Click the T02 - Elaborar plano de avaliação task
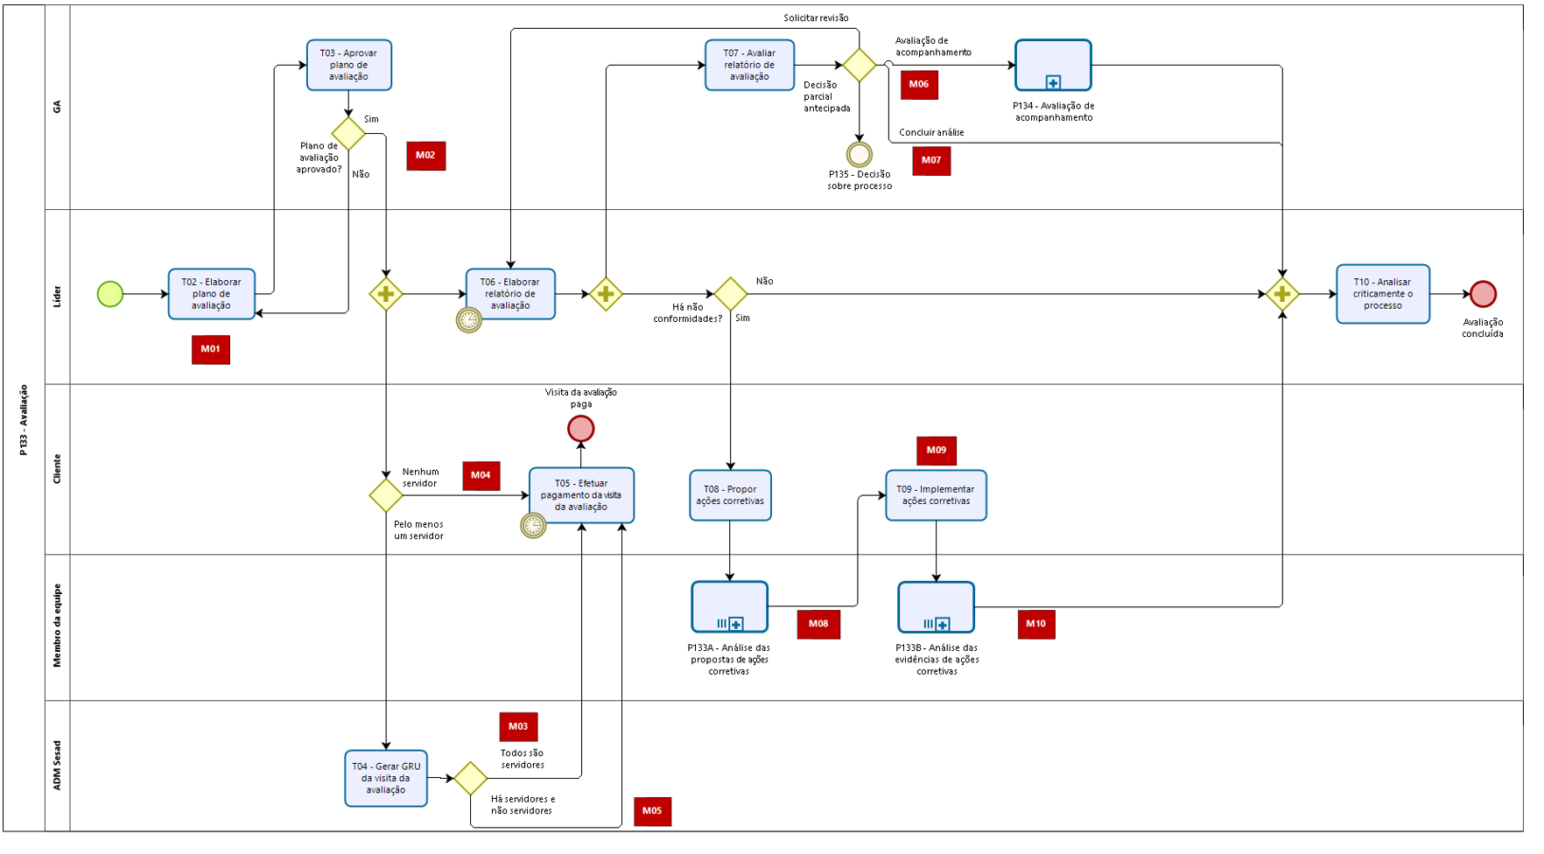coord(212,294)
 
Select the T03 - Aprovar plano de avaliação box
coord(349,65)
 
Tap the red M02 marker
coord(426,156)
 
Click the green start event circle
coord(110,294)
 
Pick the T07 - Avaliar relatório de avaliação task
coord(750,65)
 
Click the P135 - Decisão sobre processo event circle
coord(860,155)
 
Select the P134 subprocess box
coord(1053,65)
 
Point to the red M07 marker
coord(931,161)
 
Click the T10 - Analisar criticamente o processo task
coord(1383,294)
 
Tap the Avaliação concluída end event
coord(1483,294)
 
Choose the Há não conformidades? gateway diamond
coord(731,294)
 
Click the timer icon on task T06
coord(469,320)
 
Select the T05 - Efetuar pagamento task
coord(582,495)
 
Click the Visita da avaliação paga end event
coord(581,429)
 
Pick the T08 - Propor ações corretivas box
coord(730,495)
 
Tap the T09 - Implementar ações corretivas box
coord(937,495)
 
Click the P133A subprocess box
coord(730,606)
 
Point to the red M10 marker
coord(1036,625)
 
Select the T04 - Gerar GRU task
coord(386,778)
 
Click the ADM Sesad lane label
coord(58,766)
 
